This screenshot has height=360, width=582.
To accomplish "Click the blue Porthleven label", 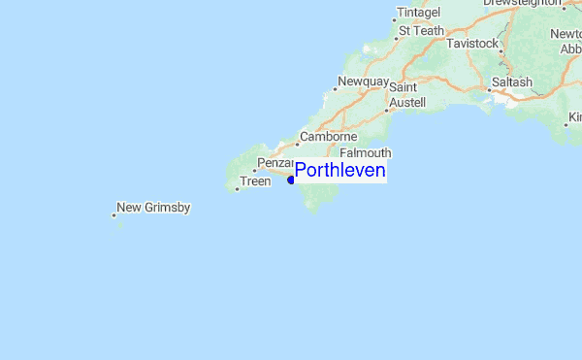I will pyautogui.click(x=339, y=172).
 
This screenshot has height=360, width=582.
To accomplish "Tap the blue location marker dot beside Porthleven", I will pyautogui.click(x=291, y=180).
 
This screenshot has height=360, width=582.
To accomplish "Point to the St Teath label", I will pyautogui.click(x=422, y=31).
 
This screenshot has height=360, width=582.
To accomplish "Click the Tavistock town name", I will pyautogui.click(x=472, y=45).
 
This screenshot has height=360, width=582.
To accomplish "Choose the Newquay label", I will pyautogui.click(x=363, y=82).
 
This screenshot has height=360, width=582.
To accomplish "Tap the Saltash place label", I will pyautogui.click(x=512, y=82).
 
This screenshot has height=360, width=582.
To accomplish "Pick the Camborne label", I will pyautogui.click(x=330, y=137).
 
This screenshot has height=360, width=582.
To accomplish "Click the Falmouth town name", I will pyautogui.click(x=366, y=153).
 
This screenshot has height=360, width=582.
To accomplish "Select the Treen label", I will pyautogui.click(x=255, y=181).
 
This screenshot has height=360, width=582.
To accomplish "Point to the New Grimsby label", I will pyautogui.click(x=153, y=208).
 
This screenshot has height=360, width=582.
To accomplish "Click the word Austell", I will pyautogui.click(x=407, y=102).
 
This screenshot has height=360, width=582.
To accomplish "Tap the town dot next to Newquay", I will pyautogui.click(x=333, y=90).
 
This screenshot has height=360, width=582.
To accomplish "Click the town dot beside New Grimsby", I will pyautogui.click(x=113, y=215).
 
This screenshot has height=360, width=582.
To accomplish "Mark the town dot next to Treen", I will pyautogui.click(x=237, y=189).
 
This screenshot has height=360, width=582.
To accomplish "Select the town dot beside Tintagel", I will pyautogui.click(x=394, y=19).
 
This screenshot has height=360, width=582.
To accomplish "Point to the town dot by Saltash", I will pyautogui.click(x=489, y=90).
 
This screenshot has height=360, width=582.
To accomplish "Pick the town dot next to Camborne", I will pyautogui.click(x=297, y=145).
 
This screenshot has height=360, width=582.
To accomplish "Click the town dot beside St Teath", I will pyautogui.click(x=399, y=39).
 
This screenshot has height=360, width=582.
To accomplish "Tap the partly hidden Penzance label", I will pyautogui.click(x=274, y=163).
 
